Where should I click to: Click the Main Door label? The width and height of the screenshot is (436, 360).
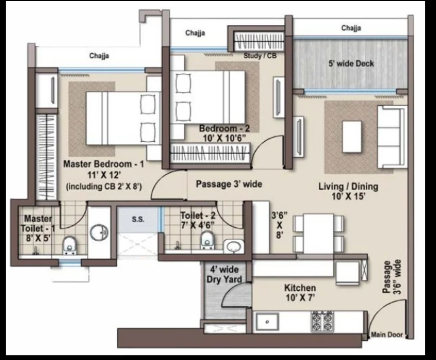coord(387,334)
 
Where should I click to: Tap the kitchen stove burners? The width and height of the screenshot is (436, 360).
coord(322,321)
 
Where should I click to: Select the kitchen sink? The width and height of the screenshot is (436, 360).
coord(267,322)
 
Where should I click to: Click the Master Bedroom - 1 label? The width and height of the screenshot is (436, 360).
coord(104,164)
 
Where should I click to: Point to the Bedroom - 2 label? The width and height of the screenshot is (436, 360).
coord(225,129)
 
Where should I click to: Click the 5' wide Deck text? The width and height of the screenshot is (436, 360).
coord(351,64)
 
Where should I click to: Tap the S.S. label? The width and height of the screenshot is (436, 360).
coord(138,219)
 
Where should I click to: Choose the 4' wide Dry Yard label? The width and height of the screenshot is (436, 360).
coord(225,275)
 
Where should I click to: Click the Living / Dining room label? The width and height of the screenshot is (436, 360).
coord(348,186)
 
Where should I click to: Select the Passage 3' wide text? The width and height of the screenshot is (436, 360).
coord(229,184)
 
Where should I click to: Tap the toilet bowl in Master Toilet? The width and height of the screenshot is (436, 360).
coord(69,245)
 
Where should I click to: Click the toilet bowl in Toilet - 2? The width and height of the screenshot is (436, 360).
coord(207,240)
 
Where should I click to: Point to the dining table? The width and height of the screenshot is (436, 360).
coord(318,233)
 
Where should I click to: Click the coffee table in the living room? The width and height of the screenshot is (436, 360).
coord(352,136)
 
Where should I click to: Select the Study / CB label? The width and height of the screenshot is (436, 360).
coord(260,56)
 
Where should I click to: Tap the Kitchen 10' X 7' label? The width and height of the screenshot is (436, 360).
coord(300,293)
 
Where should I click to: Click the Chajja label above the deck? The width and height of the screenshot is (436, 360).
coord(351,28)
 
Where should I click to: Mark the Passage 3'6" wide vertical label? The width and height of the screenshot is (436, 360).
coord(392,277)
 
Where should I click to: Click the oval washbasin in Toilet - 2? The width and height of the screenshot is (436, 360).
coord(234,246)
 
